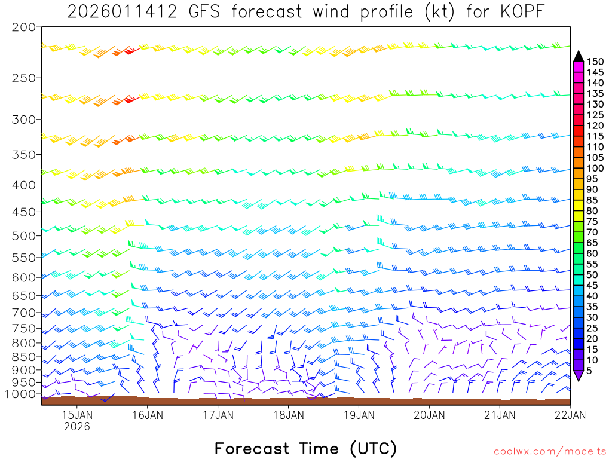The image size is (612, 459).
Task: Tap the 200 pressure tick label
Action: click(24, 27)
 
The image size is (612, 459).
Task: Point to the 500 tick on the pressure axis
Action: click(24, 236)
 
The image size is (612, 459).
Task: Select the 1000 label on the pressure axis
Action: click(20, 394)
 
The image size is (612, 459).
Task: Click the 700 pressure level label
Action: click(24, 313)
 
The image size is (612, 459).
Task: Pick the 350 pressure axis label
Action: click(24, 155)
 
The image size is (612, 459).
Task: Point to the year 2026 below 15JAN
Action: click(76, 427)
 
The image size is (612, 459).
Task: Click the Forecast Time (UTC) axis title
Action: click(305, 448)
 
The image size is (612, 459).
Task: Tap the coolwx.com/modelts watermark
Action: click(549, 451)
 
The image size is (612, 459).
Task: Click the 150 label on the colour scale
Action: click(595, 61)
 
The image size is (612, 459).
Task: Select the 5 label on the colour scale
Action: click(589, 371)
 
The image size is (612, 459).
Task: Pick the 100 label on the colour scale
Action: click(595, 169)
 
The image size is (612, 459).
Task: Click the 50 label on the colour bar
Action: click(592, 275)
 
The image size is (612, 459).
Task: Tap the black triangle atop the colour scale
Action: click(579, 56)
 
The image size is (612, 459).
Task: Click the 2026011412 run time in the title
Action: click(121, 12)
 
